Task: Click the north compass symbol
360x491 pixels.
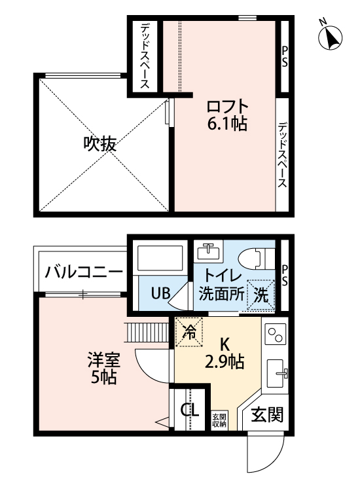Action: (330, 37)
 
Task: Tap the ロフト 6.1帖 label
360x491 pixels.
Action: (227, 115)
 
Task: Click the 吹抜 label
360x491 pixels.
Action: (100, 145)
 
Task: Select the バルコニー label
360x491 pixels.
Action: (84, 271)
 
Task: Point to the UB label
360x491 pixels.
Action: (160, 293)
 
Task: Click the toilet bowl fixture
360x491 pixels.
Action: (257, 259)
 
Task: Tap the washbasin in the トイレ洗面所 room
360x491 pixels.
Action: (209, 251)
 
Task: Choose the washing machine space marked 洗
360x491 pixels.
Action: (261, 295)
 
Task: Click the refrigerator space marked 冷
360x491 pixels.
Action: (189, 332)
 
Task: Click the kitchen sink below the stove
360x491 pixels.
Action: (278, 374)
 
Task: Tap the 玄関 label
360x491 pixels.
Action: (266, 414)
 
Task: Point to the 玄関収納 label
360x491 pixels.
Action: (219, 420)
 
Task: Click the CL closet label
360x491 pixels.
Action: (190, 410)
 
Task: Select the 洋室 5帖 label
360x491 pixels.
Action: (103, 368)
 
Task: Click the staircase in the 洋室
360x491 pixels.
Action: (148, 333)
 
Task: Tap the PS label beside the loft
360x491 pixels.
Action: (284, 57)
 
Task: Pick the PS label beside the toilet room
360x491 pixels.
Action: (284, 276)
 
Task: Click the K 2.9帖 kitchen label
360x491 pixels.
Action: (225, 354)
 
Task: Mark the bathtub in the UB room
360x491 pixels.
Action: (160, 258)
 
